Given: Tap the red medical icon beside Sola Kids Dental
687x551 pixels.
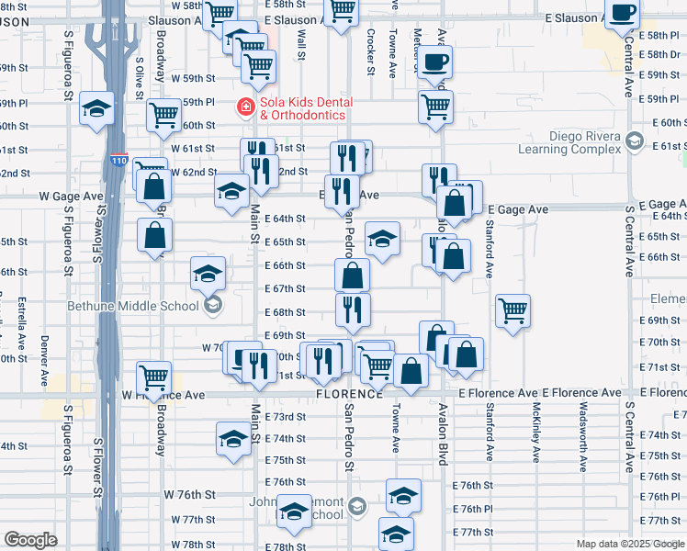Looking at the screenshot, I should [x=246, y=107].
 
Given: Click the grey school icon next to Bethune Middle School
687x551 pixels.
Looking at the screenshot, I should [x=212, y=306].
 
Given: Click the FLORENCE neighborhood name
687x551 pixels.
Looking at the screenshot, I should [x=350, y=394].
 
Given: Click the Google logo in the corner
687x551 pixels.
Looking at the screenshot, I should [x=30, y=539].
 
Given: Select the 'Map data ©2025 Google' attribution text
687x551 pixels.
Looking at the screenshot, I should [x=629, y=544].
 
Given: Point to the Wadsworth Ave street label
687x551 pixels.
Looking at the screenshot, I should [x=582, y=441].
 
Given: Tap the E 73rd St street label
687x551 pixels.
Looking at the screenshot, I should [x=285, y=417].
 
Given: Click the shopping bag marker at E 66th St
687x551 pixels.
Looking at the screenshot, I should [x=352, y=275].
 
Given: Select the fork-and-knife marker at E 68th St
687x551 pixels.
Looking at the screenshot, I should [x=352, y=310].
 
